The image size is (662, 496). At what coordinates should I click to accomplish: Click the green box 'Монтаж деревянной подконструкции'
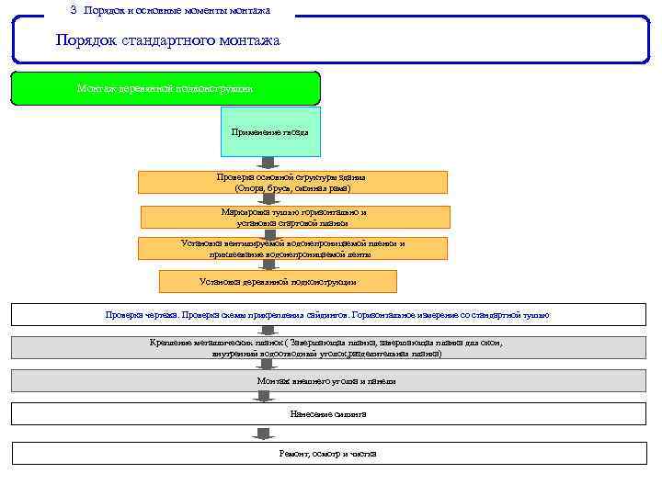click(x=165, y=88)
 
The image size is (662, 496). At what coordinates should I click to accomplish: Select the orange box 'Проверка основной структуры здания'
click(x=292, y=181)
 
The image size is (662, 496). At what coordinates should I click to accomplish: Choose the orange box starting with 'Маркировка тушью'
click(x=294, y=217)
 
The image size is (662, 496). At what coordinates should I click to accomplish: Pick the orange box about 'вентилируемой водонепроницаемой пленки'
click(x=292, y=248)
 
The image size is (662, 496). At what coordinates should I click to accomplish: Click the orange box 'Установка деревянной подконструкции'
click(x=278, y=281)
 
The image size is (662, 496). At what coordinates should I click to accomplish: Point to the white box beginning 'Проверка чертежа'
click(x=327, y=314)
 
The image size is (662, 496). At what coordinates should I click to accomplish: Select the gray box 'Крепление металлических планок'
click(x=327, y=347)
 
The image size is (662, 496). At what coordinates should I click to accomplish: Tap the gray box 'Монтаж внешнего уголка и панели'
click(x=327, y=380)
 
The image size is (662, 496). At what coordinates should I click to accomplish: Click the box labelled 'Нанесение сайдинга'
click(x=327, y=413)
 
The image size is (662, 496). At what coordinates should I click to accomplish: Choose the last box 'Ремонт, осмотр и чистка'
click(x=327, y=454)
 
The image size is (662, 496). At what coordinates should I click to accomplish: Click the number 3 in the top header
click(x=74, y=10)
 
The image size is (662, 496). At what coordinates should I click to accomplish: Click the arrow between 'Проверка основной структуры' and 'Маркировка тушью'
click(x=268, y=198)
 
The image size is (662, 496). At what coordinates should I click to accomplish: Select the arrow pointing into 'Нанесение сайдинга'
click(x=265, y=396)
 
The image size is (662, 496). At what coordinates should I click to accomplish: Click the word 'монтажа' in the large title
click(x=248, y=41)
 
